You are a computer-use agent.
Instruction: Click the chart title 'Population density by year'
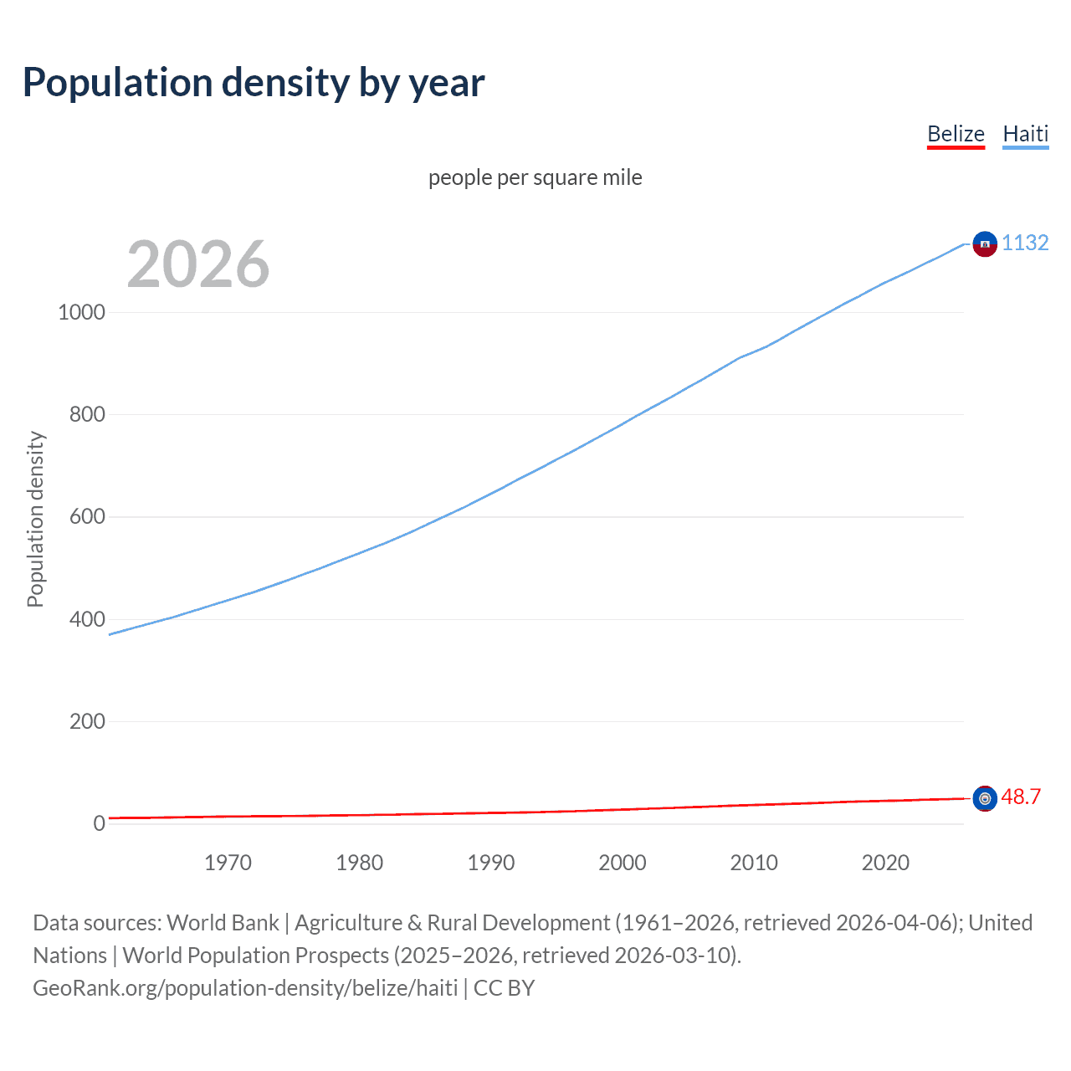click(x=254, y=83)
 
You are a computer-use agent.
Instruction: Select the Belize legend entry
click(x=956, y=134)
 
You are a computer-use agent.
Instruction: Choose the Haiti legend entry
click(x=1025, y=134)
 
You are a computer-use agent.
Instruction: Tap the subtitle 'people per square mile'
click(x=535, y=177)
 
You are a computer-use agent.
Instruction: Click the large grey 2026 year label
click(x=198, y=264)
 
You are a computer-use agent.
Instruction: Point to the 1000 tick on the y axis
click(x=81, y=312)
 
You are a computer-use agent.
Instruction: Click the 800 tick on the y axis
click(x=87, y=414)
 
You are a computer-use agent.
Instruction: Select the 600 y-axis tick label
click(x=87, y=517)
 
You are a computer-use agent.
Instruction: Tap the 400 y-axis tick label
click(x=87, y=619)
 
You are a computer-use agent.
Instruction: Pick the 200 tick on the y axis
click(x=87, y=721)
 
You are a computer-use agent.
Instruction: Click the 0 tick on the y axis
click(x=99, y=823)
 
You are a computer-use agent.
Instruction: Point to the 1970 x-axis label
click(x=228, y=863)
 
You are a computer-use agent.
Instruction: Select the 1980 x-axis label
click(x=359, y=863)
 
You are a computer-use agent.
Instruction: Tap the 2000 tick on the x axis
click(x=622, y=863)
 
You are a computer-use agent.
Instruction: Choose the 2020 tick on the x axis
click(x=885, y=863)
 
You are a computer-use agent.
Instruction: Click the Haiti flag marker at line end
click(x=985, y=243)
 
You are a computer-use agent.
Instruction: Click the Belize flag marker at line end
click(x=985, y=798)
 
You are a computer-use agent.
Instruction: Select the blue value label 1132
click(x=1025, y=243)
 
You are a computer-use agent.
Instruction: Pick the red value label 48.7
click(x=1021, y=797)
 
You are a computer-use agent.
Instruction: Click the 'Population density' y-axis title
click(x=35, y=519)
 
